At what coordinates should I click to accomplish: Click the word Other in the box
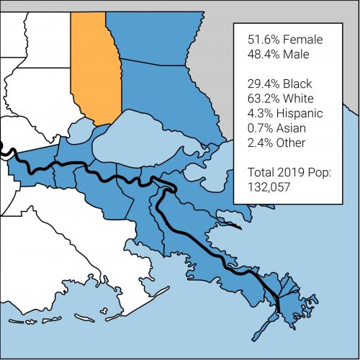297,143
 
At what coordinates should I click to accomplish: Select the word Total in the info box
261,173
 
